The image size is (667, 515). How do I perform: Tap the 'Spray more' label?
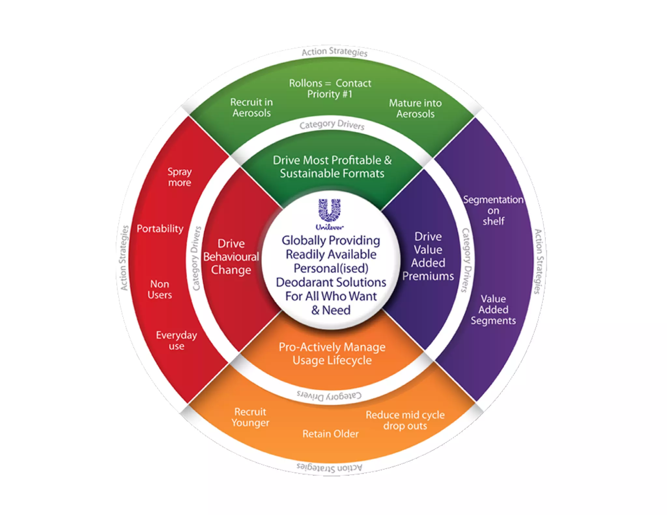(x=179, y=177)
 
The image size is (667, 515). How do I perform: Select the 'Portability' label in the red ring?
(x=160, y=229)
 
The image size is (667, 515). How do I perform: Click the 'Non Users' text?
(x=160, y=289)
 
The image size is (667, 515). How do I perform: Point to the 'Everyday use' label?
(x=177, y=340)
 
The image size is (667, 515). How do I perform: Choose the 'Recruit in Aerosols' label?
(x=251, y=107)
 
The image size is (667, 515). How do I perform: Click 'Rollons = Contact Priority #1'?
(x=330, y=89)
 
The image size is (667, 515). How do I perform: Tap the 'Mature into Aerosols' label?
(x=415, y=108)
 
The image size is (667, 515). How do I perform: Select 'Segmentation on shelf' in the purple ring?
(x=493, y=210)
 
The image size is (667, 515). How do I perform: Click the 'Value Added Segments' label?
(x=493, y=310)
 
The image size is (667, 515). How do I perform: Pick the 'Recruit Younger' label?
(x=250, y=417)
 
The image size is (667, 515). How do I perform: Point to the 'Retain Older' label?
(x=330, y=434)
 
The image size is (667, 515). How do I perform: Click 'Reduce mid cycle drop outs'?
(x=405, y=420)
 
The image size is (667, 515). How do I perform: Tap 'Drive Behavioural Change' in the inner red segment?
(x=231, y=257)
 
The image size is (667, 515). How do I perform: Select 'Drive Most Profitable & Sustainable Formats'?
(x=332, y=167)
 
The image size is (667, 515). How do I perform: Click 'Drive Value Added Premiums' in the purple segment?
(x=428, y=256)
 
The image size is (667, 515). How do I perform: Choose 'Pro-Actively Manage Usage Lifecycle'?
(x=332, y=354)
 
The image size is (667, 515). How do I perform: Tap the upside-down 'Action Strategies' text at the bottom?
(x=329, y=468)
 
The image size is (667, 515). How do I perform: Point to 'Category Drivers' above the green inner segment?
(x=332, y=125)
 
